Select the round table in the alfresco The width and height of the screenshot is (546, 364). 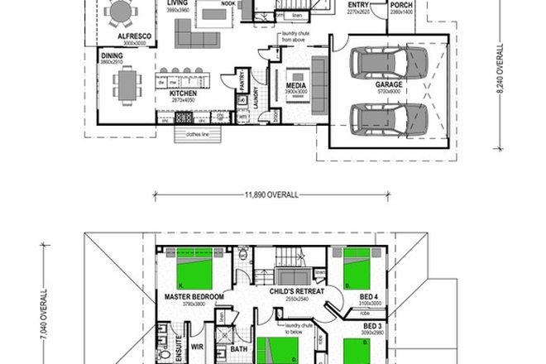point(122,13)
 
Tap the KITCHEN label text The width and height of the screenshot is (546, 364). point(183,94)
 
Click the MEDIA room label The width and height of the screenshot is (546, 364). point(297,85)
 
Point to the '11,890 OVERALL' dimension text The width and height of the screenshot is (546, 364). point(271,196)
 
